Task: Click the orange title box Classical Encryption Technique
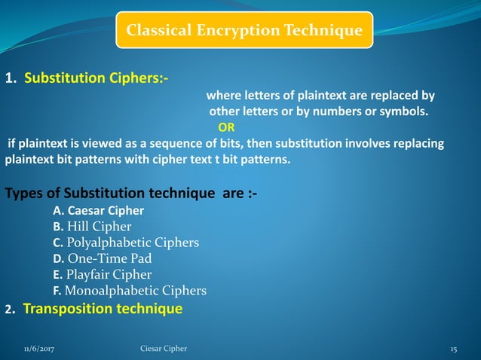pyautogui.click(x=244, y=30)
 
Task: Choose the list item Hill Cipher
pyautogui.click(x=100, y=227)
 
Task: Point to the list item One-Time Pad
pyautogui.click(x=110, y=258)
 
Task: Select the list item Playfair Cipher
pyautogui.click(x=109, y=274)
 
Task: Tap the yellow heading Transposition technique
pyautogui.click(x=103, y=309)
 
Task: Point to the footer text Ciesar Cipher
pyautogui.click(x=164, y=349)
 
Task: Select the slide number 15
pyautogui.click(x=454, y=349)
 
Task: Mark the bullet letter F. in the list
pyautogui.click(x=57, y=291)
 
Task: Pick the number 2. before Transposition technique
pyautogui.click(x=10, y=310)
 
